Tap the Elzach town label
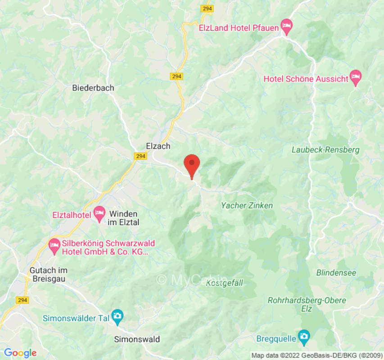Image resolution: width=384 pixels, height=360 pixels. pos(158,146)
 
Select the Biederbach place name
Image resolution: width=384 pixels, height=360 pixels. pos(93,88)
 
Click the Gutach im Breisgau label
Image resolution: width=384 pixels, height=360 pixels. pos(48,274)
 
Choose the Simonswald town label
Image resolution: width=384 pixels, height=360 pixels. pos(137,339)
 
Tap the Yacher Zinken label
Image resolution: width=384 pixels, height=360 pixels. pos(247,206)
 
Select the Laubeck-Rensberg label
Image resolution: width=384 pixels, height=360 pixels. pos(325,150)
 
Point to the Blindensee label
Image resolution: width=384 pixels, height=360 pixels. pos(336,273)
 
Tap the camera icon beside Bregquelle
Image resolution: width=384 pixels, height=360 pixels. pos(304,336)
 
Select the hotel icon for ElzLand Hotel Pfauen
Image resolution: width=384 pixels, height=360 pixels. pos(286,25)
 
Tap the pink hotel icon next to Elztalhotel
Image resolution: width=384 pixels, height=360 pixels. pos(99,211)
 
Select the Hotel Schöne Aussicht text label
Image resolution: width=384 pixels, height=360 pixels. pos(306,79)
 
